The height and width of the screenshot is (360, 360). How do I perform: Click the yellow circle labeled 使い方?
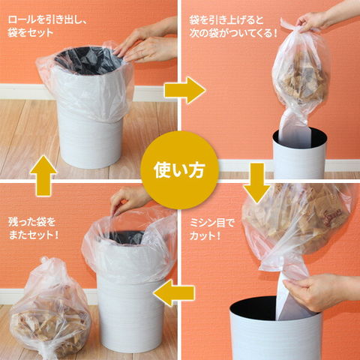click(179, 170)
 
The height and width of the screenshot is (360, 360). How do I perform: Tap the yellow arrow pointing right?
click(185, 91)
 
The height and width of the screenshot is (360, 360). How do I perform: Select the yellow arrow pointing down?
click(257, 183)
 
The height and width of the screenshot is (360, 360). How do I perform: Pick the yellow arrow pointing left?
click(174, 293)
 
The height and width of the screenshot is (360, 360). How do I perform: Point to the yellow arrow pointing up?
click(43, 175)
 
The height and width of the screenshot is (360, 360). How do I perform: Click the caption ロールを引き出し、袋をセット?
click(47, 26)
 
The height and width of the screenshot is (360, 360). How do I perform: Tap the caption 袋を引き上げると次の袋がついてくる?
click(233, 26)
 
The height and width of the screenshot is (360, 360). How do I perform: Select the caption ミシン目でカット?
click(212, 229)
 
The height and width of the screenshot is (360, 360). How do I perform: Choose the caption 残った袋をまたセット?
click(34, 228)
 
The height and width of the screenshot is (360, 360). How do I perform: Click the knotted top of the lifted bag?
click(290, 27)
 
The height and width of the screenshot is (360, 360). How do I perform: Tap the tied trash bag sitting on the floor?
click(50, 309)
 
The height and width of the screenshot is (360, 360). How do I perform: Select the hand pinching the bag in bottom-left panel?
click(130, 201)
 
